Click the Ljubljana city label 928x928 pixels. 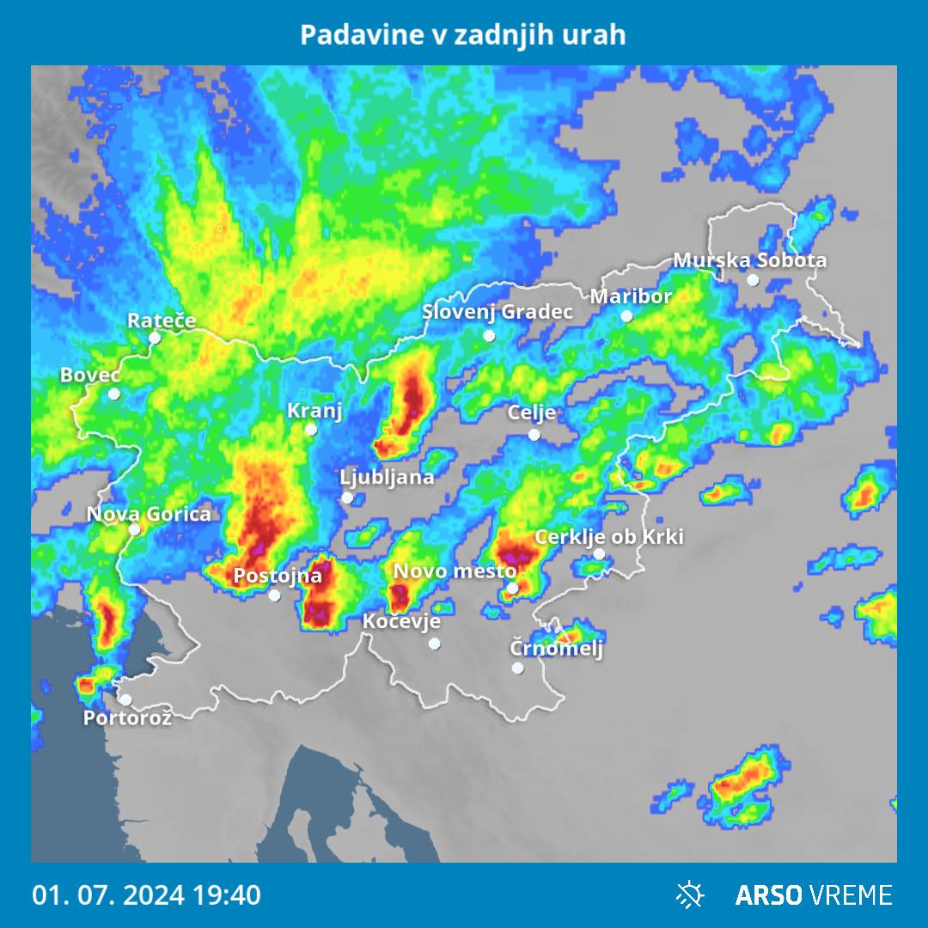click(387, 477)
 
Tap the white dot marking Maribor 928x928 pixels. click(627, 316)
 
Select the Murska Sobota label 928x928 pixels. click(749, 259)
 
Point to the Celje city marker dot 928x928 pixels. click(534, 435)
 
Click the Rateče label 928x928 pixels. click(162, 321)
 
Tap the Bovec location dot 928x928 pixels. click(114, 394)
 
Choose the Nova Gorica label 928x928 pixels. click(149, 514)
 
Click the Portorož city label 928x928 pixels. click(127, 717)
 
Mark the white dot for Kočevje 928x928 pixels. click(435, 643)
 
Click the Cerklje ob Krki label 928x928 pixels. click(609, 537)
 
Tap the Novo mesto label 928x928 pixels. click(455, 571)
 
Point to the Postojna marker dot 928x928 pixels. click(274, 595)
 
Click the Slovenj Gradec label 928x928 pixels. click(497, 311)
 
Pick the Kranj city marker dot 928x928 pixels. click(311, 430)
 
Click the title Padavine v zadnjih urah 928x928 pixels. click(463, 35)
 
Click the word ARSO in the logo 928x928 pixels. click(770, 894)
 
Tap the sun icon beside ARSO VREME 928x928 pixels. click(690, 894)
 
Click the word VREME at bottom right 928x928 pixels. click(851, 894)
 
